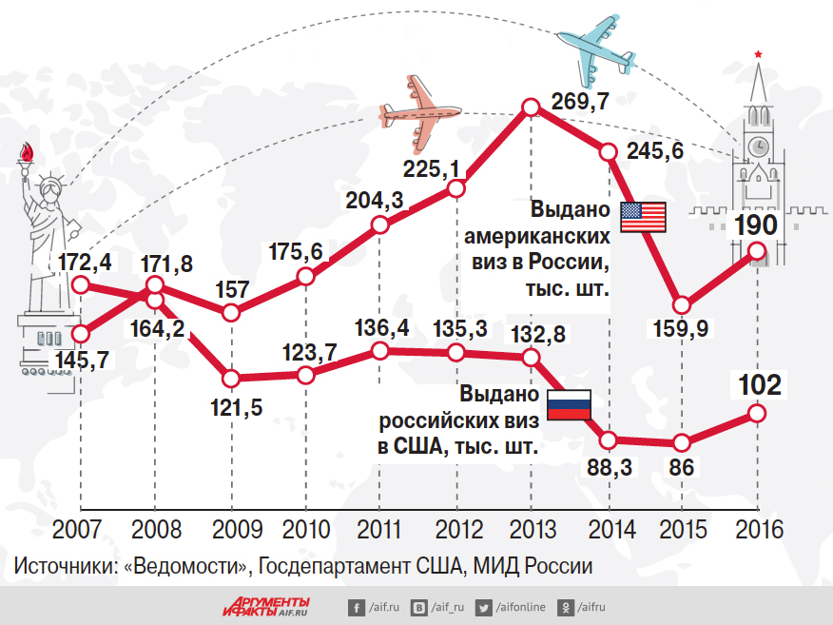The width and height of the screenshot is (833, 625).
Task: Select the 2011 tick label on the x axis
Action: click(x=380, y=529)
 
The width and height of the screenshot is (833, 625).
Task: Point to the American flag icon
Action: click(x=644, y=218)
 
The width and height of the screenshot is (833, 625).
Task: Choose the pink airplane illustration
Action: click(x=417, y=112)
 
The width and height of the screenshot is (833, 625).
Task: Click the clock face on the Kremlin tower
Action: click(x=758, y=146)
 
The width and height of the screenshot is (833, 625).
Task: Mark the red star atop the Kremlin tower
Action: click(x=758, y=53)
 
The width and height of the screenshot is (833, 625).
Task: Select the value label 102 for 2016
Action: click(x=759, y=385)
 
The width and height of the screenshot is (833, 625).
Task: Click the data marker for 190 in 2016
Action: click(x=758, y=250)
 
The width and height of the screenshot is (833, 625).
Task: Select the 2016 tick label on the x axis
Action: click(x=758, y=529)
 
